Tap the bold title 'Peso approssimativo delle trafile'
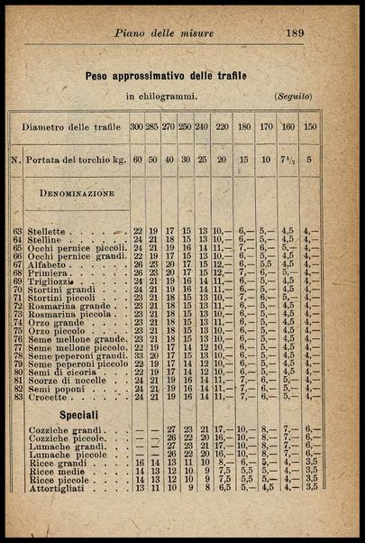tap(167, 77)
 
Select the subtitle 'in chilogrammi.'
tap(162, 95)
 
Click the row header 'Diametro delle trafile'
tap(69, 127)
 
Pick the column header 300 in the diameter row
tap(137, 127)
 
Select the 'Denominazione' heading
tap(76, 193)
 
